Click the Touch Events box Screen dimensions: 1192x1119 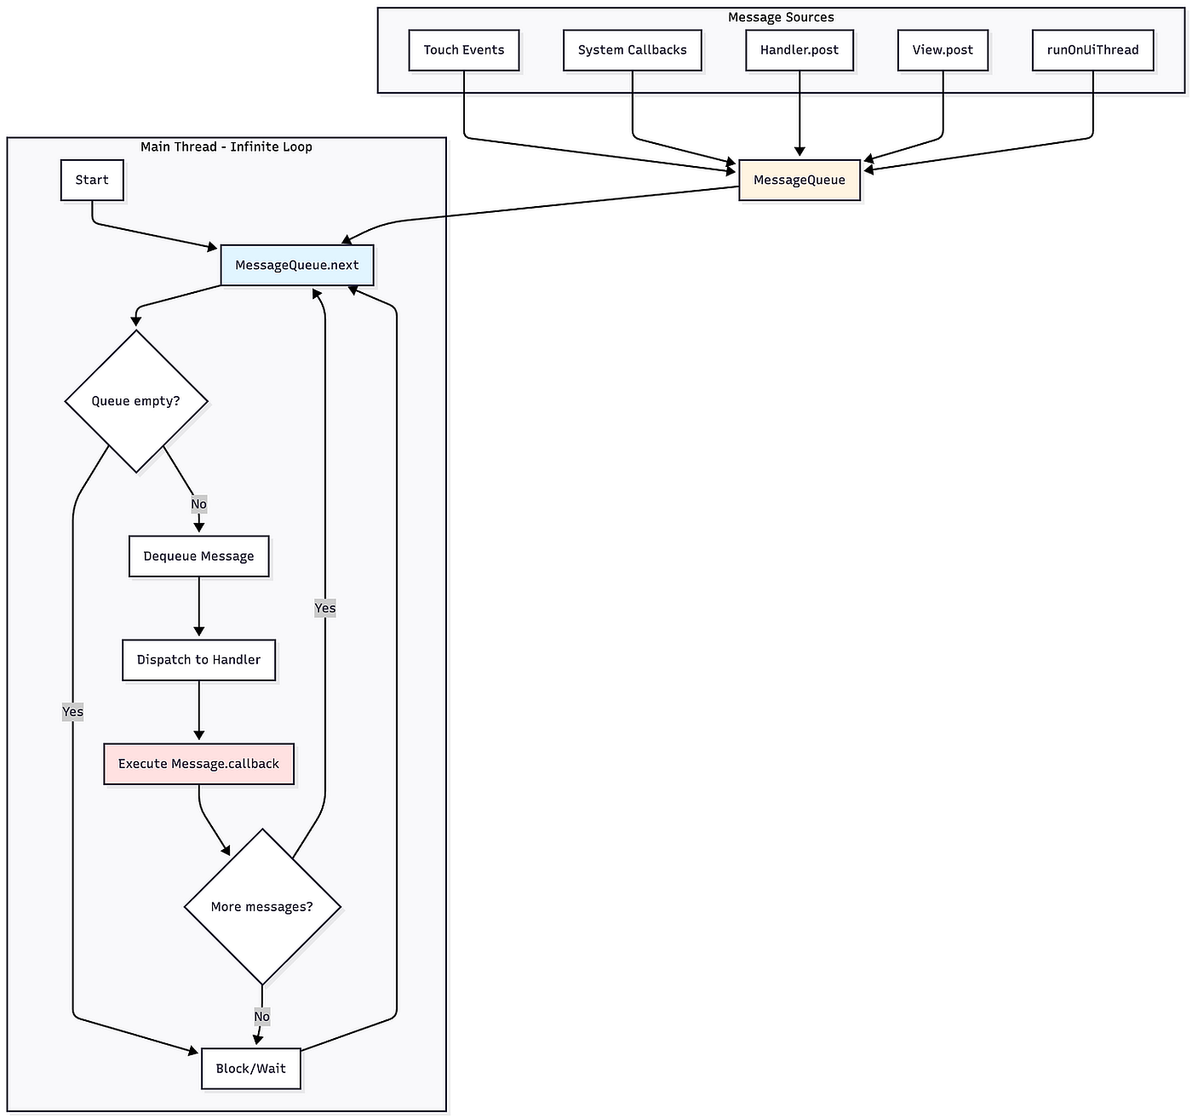[x=463, y=50]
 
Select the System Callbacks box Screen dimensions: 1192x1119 [x=632, y=50]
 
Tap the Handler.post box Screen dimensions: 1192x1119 [x=799, y=50]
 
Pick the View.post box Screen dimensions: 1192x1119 [x=943, y=50]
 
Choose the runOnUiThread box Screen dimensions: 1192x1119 [x=1092, y=50]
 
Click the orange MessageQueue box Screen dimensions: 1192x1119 [x=799, y=180]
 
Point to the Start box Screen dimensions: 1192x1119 [x=92, y=180]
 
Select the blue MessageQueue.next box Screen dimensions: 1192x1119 [x=297, y=265]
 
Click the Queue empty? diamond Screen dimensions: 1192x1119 [x=136, y=401]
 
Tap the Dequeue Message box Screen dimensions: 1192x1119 [x=198, y=556]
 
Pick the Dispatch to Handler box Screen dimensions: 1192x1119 [x=198, y=660]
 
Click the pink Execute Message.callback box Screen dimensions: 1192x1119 [x=198, y=764]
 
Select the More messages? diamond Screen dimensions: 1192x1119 [x=262, y=906]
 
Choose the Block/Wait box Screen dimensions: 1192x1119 [x=251, y=1069]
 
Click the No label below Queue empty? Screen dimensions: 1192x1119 [x=198, y=503]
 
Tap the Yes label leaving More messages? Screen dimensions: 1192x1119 [x=324, y=608]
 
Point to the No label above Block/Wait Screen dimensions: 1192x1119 [x=261, y=1016]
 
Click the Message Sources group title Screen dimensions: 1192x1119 [x=781, y=17]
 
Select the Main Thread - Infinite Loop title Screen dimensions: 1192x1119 [x=226, y=147]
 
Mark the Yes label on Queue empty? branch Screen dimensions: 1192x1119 [x=72, y=712]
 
